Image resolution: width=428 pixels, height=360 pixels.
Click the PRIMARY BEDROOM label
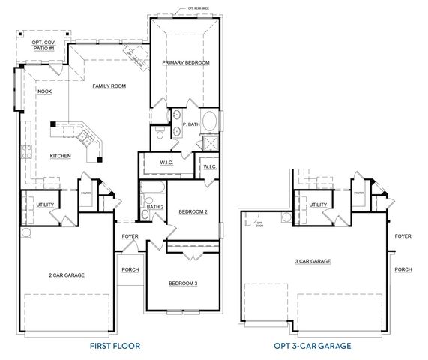185,62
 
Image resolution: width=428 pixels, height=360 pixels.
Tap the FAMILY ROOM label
109,86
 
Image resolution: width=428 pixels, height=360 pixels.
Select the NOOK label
34,92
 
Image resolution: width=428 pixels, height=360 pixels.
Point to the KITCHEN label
61,156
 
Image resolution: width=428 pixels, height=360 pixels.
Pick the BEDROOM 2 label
193,212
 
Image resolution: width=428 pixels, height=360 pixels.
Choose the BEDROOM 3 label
183,283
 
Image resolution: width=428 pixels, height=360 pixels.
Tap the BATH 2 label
155,206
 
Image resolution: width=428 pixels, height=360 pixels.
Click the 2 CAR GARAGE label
66,275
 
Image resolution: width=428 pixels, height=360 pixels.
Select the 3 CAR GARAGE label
313,261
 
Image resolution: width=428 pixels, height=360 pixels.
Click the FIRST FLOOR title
115,346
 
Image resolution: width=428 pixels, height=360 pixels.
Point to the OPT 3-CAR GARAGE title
313,346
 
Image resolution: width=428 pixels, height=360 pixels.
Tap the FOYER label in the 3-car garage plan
403,236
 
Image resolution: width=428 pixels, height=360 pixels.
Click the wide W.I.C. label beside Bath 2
166,163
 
